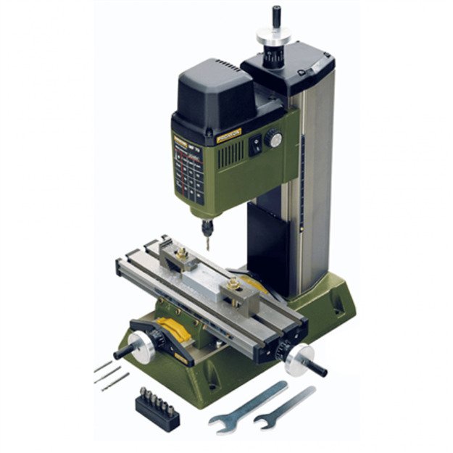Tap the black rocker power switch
(255, 145)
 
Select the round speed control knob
(273, 138)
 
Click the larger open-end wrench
(246, 403)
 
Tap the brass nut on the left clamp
(182, 254)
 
